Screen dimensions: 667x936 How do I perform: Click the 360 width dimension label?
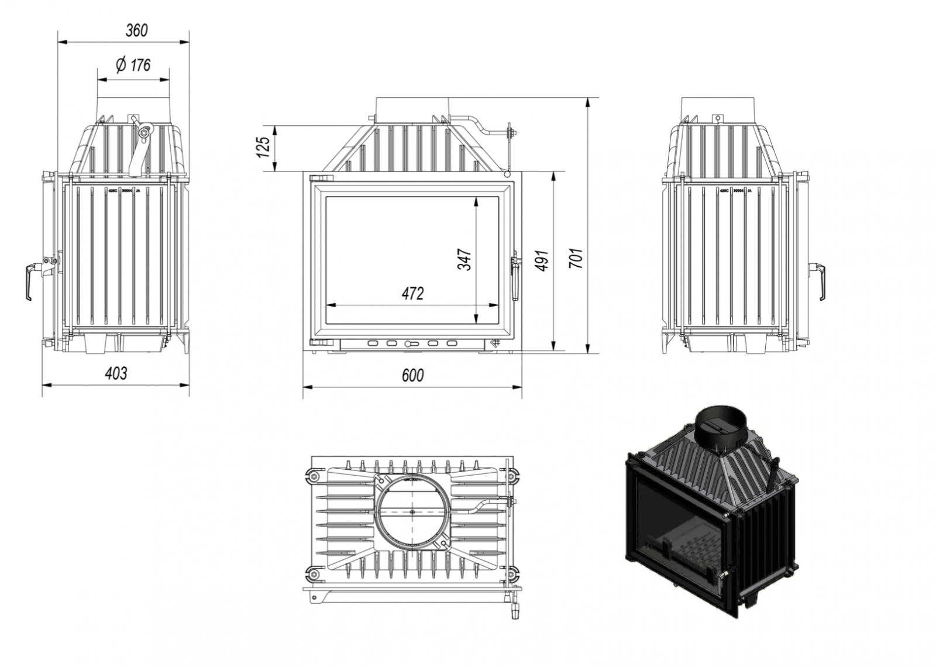137,30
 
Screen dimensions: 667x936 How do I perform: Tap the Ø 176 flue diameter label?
133,65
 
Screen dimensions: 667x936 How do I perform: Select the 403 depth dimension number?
115,373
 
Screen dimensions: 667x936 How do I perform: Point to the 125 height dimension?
264,147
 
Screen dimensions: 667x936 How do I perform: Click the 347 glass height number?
464,259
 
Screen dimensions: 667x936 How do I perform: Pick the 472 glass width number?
412,293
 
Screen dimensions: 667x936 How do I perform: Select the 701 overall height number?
576,258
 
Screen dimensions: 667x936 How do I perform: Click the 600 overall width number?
412,375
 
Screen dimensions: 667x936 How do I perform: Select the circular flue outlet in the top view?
412,511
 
